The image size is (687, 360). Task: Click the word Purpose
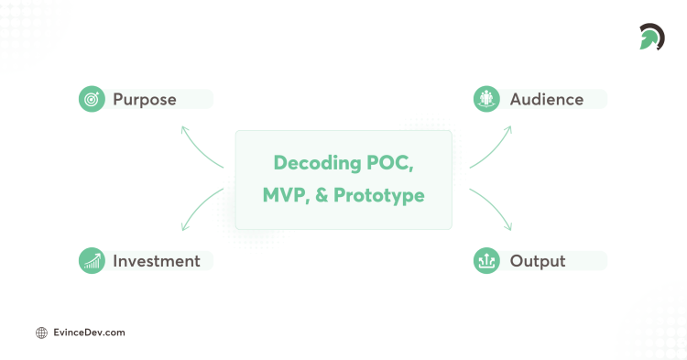click(x=144, y=99)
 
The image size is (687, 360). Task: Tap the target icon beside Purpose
click(x=92, y=99)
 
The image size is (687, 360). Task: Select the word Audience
click(x=546, y=99)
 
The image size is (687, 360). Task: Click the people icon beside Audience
click(x=486, y=99)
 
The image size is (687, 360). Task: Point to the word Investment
click(x=156, y=261)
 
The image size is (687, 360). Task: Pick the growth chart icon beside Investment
click(x=92, y=261)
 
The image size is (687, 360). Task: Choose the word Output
click(x=538, y=261)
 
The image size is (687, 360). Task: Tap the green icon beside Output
click(x=486, y=261)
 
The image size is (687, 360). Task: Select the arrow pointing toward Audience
click(x=492, y=147)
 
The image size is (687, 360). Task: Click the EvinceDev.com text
click(x=89, y=333)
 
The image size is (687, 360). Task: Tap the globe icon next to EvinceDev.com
click(x=41, y=333)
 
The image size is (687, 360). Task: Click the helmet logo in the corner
click(x=651, y=38)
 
